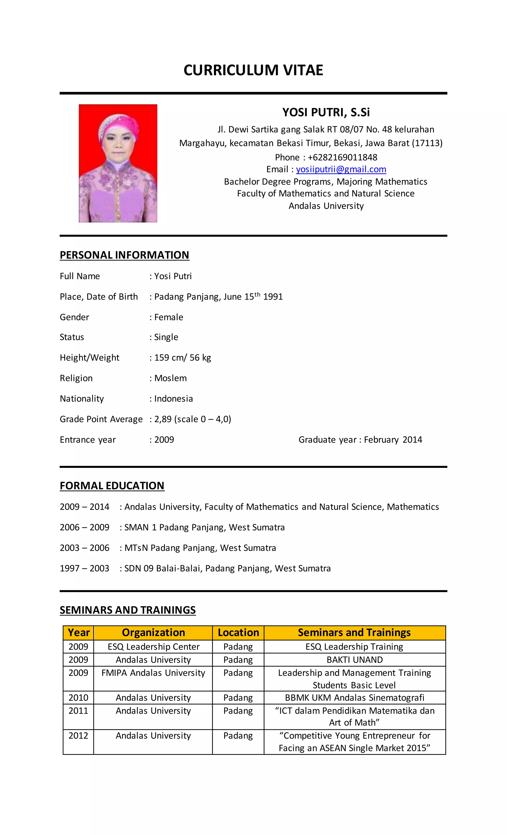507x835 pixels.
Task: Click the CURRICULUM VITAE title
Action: [253, 70]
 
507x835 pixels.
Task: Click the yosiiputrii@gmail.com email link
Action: [341, 169]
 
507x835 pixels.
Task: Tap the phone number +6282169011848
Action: [342, 157]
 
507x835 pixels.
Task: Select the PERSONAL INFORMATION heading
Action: [124, 255]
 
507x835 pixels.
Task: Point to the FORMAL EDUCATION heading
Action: [112, 486]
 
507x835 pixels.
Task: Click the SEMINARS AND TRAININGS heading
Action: [127, 610]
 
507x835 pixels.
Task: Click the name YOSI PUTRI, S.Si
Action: [326, 112]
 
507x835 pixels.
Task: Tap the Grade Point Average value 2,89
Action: [163, 419]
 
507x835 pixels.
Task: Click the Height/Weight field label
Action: [89, 357]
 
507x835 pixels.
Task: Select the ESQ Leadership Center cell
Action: [153, 647]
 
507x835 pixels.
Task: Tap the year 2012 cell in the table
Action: [78, 736]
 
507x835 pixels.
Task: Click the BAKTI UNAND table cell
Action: [355, 660]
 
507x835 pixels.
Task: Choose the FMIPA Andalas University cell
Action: [153, 673]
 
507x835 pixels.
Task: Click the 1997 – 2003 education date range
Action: [84, 568]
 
